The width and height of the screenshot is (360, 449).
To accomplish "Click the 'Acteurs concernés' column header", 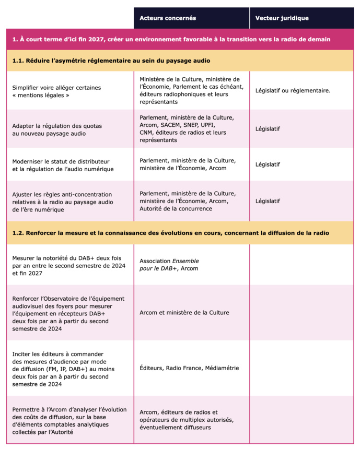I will [x=168, y=18].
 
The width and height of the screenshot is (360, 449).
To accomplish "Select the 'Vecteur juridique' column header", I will [x=282, y=18].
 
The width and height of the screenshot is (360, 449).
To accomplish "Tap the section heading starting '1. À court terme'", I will [x=171, y=40].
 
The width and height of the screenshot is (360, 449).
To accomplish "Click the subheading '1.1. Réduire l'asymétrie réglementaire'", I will [x=111, y=61].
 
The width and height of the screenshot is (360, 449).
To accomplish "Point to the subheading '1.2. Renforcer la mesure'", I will [x=170, y=233].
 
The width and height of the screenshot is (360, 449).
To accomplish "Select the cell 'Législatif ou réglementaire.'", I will [x=293, y=91].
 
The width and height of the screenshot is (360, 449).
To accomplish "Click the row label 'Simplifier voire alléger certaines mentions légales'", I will [x=57, y=91].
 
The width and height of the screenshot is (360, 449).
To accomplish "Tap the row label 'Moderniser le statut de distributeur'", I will [x=61, y=164].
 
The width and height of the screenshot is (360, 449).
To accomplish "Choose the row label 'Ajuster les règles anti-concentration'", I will [x=63, y=201].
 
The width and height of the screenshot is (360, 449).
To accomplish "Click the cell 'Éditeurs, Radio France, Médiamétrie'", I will [x=189, y=368].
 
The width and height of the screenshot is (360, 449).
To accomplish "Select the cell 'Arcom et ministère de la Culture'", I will [x=184, y=312].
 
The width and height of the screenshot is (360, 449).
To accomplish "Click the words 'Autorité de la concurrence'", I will [x=176, y=208].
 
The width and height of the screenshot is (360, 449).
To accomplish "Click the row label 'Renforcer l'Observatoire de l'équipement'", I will [x=68, y=313].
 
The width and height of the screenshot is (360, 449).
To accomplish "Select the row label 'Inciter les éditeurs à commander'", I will [x=65, y=369].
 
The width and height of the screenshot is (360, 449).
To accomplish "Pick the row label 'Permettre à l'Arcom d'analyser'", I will [x=69, y=420].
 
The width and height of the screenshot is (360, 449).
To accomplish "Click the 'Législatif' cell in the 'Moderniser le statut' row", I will [x=268, y=164].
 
